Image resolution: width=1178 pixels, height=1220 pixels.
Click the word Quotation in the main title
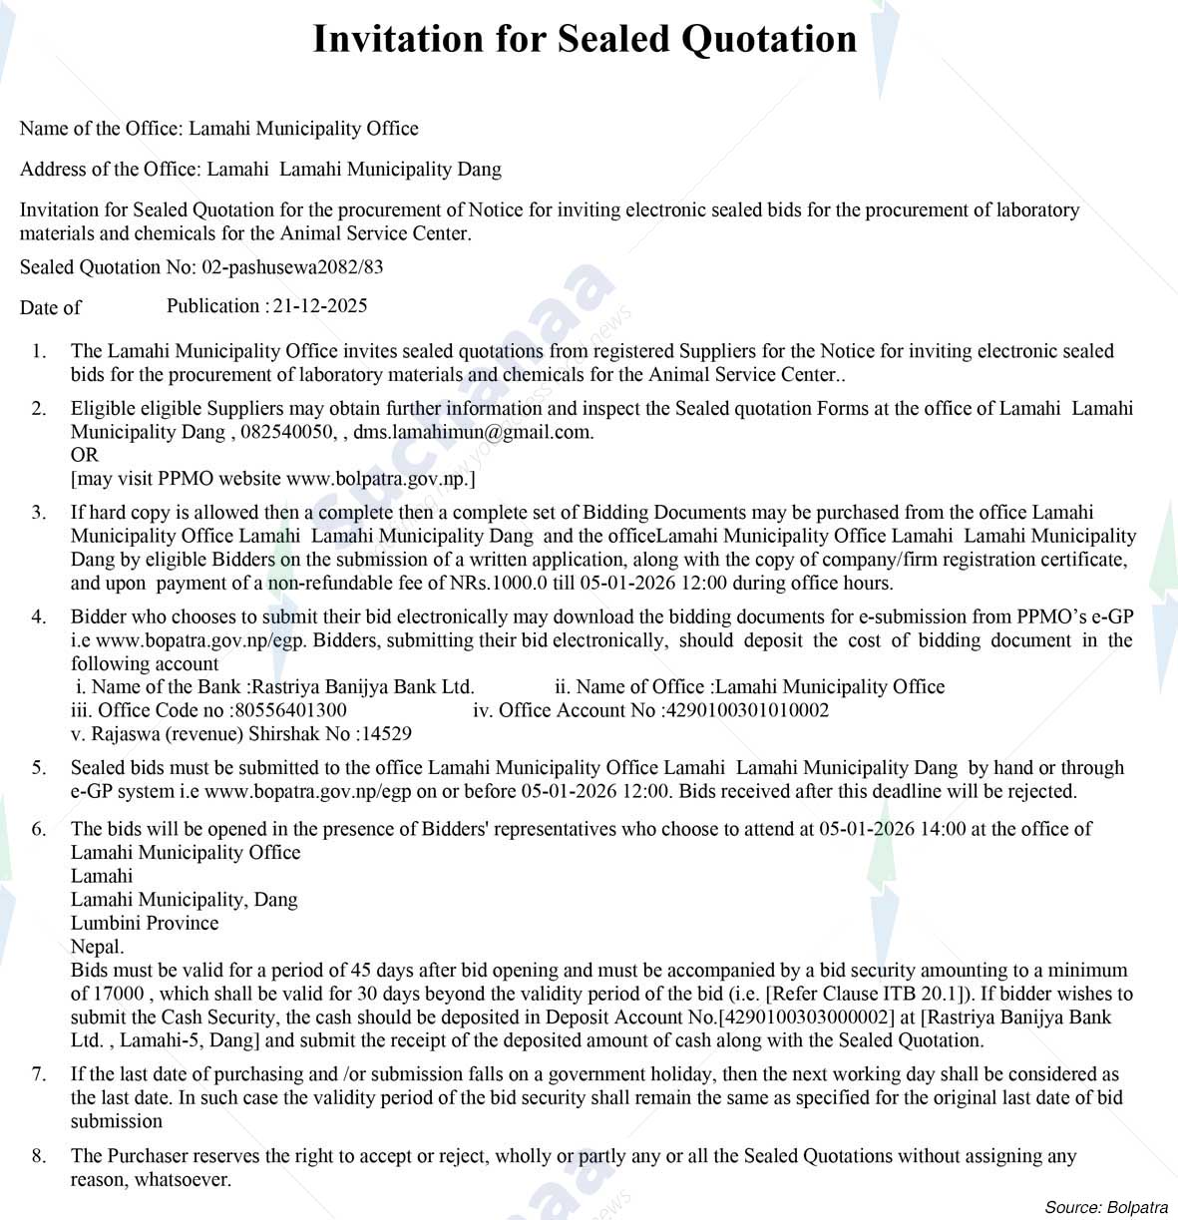tap(768, 39)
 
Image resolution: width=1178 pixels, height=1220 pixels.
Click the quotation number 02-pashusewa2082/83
tap(292, 267)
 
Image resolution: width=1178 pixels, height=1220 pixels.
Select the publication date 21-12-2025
tap(320, 306)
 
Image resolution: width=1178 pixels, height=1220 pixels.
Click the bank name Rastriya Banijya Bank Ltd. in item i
tap(363, 687)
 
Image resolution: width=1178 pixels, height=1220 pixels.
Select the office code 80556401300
tap(291, 710)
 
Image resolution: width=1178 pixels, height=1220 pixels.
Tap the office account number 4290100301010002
tap(746, 710)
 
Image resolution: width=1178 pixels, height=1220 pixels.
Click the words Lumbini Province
tap(145, 923)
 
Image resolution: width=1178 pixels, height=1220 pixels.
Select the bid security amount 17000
tap(120, 994)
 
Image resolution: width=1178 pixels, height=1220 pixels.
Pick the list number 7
tap(38, 1074)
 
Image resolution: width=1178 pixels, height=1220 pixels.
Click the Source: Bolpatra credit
tap(1106, 1207)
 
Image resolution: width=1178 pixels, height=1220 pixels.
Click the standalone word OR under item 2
tap(85, 455)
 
